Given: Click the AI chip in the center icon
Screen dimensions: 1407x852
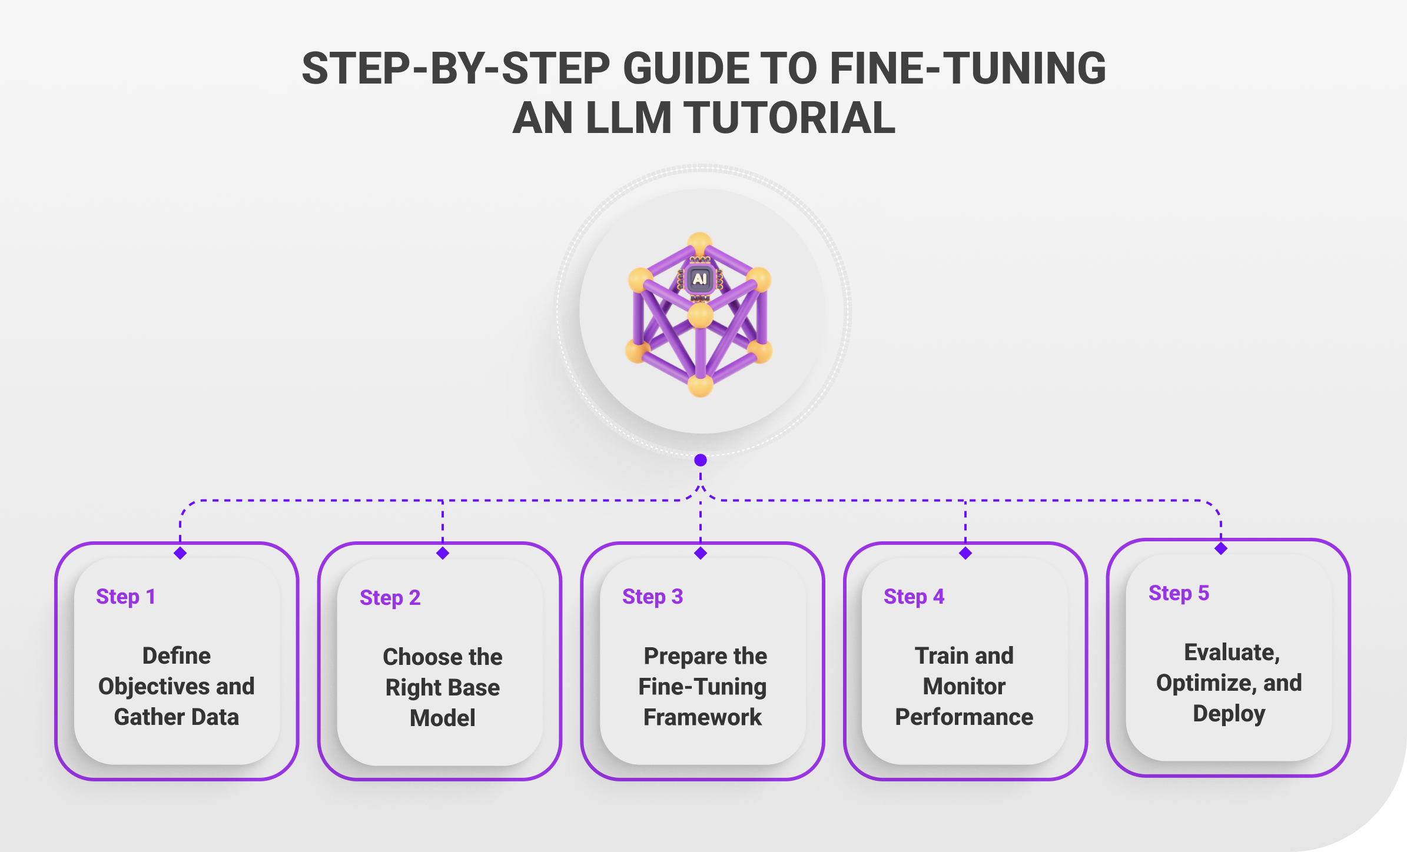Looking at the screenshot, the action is coord(700,279).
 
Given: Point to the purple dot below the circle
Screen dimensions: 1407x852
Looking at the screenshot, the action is coord(701,460).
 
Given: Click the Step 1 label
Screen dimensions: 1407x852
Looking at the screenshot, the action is coord(126,597).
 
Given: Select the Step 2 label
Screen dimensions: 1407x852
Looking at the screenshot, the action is coord(390,598).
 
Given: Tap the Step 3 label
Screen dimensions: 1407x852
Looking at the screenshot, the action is coord(653,597).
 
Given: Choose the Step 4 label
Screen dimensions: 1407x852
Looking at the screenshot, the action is coord(914,597).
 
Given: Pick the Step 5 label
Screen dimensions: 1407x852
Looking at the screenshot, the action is coord(1179,593).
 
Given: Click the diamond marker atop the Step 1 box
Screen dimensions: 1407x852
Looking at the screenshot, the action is coord(180,553).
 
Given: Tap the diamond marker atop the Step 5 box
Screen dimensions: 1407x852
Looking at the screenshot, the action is coord(1221,548).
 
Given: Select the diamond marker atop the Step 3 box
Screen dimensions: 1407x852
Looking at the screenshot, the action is coord(701,553).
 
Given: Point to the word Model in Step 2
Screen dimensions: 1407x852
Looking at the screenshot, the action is coord(443,718).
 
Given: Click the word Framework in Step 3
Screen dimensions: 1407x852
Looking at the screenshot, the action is coord(702,717).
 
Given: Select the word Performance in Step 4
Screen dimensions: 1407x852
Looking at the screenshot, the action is coord(964,717).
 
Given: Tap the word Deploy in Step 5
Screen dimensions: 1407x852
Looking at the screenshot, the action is coord(1229,714).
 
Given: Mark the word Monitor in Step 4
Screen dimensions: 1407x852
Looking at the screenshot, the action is coord(964,687).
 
